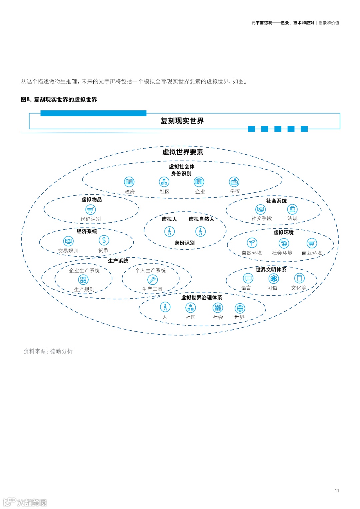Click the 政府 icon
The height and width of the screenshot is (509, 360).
129,182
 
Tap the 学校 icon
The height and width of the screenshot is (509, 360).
234,182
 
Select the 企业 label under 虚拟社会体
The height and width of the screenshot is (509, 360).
200,192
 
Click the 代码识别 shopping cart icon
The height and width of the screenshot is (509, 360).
90,209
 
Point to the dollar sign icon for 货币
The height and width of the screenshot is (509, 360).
104,240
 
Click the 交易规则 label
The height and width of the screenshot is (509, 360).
68,251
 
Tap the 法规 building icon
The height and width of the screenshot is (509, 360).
292,209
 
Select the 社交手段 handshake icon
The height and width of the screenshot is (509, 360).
260,209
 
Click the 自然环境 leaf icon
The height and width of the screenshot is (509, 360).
252,243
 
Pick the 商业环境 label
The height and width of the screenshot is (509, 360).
312,253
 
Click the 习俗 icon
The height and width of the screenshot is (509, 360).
274,278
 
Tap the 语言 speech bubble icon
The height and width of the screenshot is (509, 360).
248,278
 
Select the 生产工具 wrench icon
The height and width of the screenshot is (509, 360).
152,280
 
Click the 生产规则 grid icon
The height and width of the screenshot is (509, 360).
83,280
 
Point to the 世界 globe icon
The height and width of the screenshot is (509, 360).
240,308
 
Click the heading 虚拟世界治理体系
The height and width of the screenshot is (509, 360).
201,298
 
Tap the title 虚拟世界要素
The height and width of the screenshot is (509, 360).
183,152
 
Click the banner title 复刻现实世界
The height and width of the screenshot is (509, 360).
182,121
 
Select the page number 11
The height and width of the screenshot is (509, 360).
337,491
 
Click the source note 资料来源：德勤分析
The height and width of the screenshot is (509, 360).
48,351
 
